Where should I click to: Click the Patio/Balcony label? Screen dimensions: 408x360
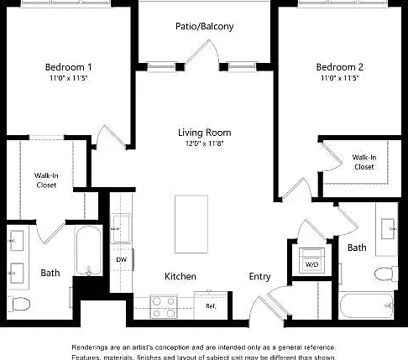[x=204, y=26]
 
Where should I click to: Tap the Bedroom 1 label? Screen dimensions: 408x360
[x=68, y=67]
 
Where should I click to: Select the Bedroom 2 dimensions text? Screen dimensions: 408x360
[x=339, y=78]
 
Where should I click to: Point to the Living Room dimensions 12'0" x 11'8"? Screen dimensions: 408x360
[x=205, y=143]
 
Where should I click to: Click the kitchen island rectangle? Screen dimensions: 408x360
[x=191, y=224]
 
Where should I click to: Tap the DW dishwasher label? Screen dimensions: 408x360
[x=122, y=259]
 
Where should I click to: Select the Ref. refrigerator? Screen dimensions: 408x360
[x=211, y=305]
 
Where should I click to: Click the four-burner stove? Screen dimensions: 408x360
[x=164, y=307]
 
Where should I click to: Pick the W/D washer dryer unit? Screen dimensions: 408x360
[x=311, y=260]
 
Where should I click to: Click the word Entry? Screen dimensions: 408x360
[x=259, y=276]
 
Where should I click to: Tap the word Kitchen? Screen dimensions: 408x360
[x=180, y=276]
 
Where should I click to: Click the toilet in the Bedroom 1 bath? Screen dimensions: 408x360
[x=18, y=304]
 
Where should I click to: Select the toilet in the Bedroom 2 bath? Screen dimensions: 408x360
[x=386, y=274]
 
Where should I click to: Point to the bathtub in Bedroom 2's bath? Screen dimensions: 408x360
[x=367, y=305]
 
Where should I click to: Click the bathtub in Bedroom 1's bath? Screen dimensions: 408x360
[x=88, y=250]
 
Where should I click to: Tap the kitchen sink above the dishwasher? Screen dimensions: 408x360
[x=121, y=228]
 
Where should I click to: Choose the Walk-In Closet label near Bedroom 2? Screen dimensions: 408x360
[x=364, y=162]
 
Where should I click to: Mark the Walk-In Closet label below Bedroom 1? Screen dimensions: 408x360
[x=46, y=180]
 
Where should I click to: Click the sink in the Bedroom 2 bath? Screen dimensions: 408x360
[x=389, y=229]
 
